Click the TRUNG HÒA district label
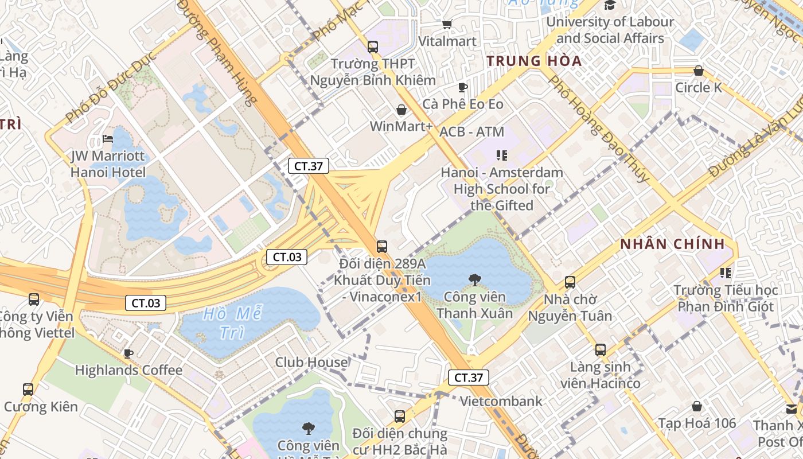coord(533,61)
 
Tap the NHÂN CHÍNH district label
coord(672,244)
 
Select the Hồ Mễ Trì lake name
coord(232,323)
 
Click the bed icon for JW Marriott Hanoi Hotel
coord(107,139)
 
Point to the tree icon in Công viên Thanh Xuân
coord(474,280)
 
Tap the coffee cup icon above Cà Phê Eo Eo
coord(463,87)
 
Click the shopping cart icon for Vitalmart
coord(447,24)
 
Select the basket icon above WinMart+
coord(402,109)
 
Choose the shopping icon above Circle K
coord(698,71)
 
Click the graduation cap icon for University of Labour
coord(609,5)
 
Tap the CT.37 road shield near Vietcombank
coord(469,378)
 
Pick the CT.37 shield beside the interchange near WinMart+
coord(309,166)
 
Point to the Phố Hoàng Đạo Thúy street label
coord(599,129)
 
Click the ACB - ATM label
coord(471,132)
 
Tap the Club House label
coord(311,363)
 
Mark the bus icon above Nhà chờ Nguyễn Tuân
coord(570,282)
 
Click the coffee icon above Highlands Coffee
coord(128,353)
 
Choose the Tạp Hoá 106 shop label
coord(696,423)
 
